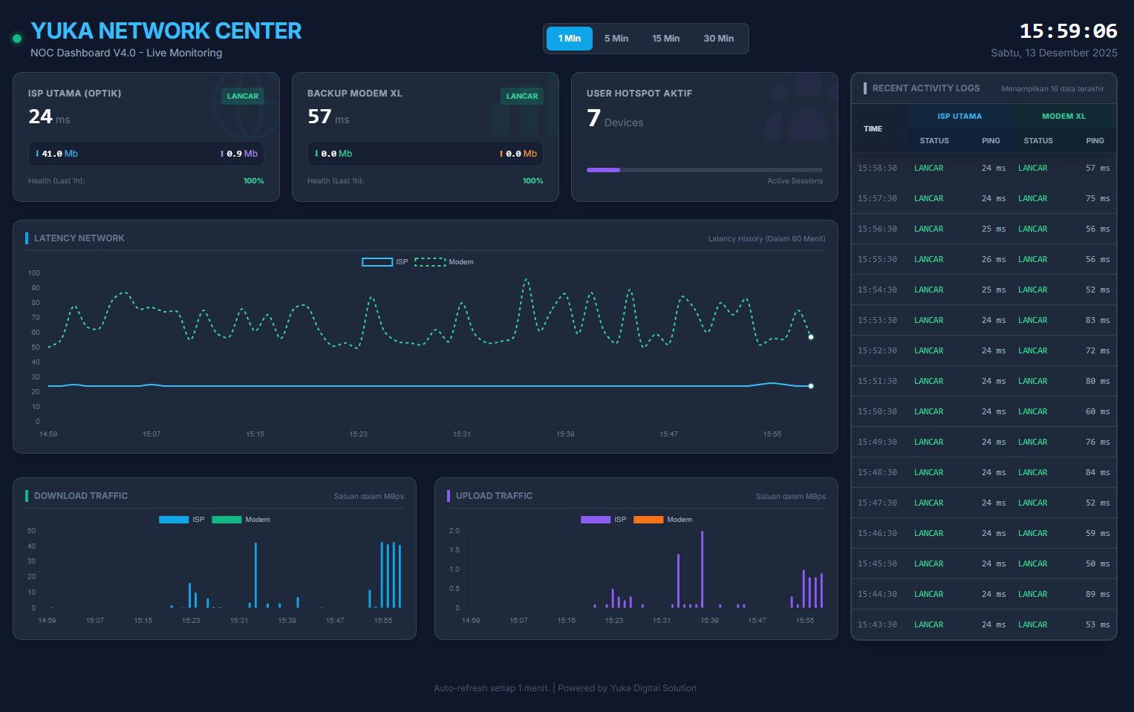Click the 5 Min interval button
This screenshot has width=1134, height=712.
tap(616, 39)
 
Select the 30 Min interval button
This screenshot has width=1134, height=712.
tap(718, 39)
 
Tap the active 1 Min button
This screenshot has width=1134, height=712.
tap(570, 39)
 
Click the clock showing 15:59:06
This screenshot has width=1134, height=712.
tap(1068, 31)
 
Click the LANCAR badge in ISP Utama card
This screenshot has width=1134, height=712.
tap(243, 96)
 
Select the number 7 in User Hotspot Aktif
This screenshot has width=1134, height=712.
tap(593, 118)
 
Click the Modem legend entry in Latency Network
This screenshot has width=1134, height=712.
tap(444, 262)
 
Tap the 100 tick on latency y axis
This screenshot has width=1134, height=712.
tap(34, 273)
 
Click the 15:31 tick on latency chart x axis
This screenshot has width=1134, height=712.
tap(462, 434)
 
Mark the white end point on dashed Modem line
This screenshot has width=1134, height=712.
tap(811, 337)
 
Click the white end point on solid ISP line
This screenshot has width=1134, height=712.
tap(811, 386)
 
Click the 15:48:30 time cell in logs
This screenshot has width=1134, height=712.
tap(877, 472)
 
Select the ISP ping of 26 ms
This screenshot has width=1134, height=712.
tap(993, 259)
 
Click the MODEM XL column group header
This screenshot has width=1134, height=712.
tap(1063, 116)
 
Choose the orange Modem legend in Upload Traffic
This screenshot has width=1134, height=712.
tap(662, 520)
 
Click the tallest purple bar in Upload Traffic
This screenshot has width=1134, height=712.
tap(702, 569)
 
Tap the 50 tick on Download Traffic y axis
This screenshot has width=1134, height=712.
tap(31, 531)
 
